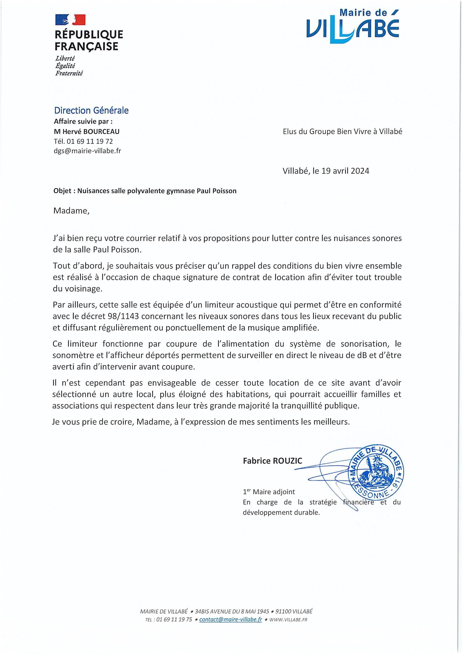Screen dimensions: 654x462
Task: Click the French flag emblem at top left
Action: pos(70,20)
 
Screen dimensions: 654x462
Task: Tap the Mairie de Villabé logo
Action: pos(353,26)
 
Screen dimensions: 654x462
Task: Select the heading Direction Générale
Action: pos(91,110)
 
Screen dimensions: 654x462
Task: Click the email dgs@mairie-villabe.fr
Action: pos(87,151)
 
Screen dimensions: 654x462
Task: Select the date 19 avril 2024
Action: pos(345,171)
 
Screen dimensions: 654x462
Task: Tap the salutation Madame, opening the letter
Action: pos(71,211)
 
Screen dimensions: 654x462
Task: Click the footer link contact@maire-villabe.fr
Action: pos(231,620)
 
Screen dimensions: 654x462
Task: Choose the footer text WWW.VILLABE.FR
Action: pos(288,620)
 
